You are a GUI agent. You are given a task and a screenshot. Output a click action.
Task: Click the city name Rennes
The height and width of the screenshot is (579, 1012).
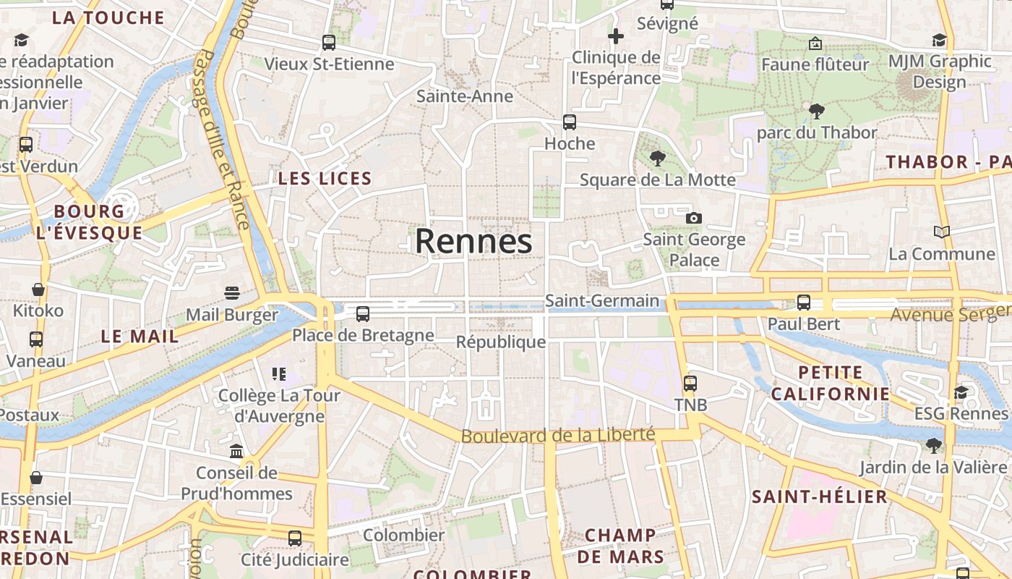click(473, 241)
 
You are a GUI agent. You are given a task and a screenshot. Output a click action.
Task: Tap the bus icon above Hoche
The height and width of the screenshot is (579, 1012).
click(570, 122)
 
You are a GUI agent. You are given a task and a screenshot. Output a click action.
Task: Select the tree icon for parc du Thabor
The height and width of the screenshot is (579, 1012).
click(817, 111)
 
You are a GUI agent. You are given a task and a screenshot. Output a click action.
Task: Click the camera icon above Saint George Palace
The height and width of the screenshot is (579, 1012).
click(694, 218)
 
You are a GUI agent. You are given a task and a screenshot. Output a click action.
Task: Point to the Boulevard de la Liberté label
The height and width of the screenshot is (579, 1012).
click(557, 435)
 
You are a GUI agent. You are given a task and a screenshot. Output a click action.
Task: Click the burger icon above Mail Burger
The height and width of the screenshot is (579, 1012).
click(232, 293)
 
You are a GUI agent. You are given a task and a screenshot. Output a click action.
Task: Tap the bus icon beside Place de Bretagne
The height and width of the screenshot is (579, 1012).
click(363, 314)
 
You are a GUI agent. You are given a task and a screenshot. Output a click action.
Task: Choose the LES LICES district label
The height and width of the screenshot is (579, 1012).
click(325, 179)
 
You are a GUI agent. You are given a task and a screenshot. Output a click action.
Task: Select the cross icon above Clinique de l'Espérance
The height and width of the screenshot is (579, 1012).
click(616, 35)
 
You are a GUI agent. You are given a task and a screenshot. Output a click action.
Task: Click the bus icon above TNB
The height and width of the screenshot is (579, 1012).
click(690, 384)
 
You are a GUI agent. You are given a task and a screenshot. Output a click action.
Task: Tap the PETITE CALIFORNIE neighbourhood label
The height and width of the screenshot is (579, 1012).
click(831, 384)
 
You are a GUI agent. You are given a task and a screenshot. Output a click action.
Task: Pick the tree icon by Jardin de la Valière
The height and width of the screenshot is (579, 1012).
click(934, 445)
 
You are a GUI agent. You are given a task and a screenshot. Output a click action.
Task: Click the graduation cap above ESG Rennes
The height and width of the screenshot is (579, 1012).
click(961, 392)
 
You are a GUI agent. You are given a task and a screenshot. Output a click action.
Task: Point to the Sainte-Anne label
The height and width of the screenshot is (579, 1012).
click(465, 96)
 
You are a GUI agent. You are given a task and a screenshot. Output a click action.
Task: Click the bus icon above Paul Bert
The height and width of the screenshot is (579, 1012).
click(804, 303)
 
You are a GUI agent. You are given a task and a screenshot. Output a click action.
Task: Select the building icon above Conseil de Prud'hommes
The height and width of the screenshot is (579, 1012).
click(236, 452)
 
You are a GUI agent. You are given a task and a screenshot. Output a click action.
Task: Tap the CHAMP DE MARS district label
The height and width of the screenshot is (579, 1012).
click(620, 546)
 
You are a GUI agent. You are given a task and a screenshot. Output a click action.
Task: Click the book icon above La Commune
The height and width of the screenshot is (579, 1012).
click(941, 232)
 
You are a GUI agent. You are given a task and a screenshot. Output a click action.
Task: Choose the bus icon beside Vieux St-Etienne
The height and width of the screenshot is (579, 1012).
click(329, 43)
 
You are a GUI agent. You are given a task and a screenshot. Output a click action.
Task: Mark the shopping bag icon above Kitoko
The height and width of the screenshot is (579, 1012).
click(38, 289)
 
